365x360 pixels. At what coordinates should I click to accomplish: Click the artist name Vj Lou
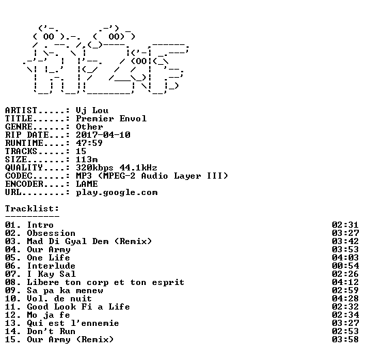click(x=92, y=110)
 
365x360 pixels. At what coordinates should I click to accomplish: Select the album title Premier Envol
click(x=111, y=119)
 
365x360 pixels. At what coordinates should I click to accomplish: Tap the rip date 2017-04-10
click(x=103, y=135)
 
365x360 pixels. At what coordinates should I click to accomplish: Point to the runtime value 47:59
click(x=89, y=143)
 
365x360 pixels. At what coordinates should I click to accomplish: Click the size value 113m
click(x=86, y=160)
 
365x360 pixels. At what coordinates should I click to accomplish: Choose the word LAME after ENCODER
click(x=86, y=184)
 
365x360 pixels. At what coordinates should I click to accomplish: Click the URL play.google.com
click(x=116, y=193)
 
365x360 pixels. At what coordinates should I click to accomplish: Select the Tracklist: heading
click(x=32, y=209)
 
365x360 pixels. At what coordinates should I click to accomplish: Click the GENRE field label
click(x=18, y=127)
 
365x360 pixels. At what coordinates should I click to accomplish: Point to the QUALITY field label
click(x=24, y=168)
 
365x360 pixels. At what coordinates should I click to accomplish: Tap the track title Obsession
click(x=51, y=233)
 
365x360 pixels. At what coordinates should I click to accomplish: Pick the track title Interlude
click(x=51, y=266)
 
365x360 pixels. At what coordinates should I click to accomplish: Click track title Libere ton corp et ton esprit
click(x=106, y=282)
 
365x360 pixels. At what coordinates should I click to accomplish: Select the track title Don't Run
click(x=51, y=331)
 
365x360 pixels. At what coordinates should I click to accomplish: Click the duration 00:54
click(x=345, y=266)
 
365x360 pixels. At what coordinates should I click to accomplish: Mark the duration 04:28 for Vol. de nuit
click(x=345, y=299)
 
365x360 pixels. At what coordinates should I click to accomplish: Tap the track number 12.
click(x=10, y=315)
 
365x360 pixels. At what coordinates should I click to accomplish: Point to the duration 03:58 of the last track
click(x=345, y=340)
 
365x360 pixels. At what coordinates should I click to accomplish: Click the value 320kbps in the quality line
click(x=95, y=168)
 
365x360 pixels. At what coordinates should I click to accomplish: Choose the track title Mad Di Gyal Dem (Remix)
click(x=89, y=241)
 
